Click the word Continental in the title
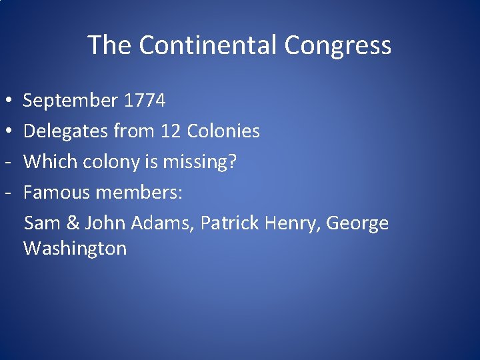(x=209, y=45)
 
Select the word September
(x=70, y=101)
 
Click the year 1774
(x=144, y=101)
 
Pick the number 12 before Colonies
(x=171, y=131)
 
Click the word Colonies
(x=223, y=131)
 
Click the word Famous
(x=57, y=193)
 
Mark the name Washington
(x=75, y=249)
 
